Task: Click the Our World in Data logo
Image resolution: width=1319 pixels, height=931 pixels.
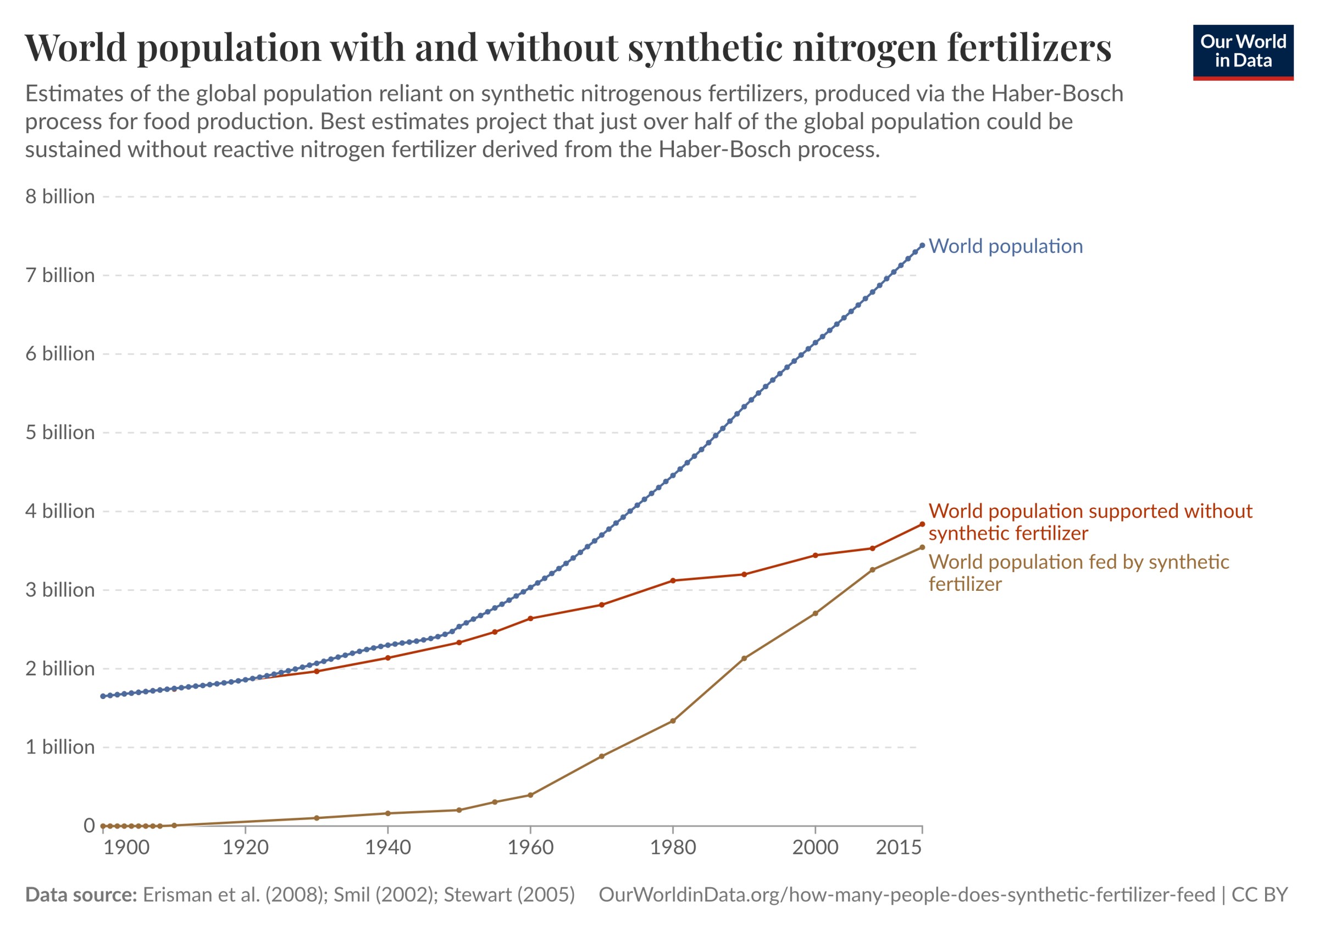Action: click(x=1243, y=52)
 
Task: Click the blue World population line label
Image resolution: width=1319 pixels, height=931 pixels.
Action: click(x=1005, y=246)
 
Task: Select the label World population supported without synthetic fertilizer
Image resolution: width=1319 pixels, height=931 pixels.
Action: click(x=1090, y=522)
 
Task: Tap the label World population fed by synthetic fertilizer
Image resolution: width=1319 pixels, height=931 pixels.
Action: click(x=1078, y=573)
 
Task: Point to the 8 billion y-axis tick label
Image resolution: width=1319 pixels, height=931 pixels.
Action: click(x=60, y=197)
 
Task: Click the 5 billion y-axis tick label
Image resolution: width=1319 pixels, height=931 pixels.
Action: click(x=60, y=433)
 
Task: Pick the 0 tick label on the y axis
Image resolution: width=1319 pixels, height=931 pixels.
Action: click(x=88, y=826)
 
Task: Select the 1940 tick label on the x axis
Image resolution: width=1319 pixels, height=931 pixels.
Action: click(x=388, y=847)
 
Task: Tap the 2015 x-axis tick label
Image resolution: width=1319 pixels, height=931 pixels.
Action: click(x=899, y=847)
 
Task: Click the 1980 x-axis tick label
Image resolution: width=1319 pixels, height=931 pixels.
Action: click(x=673, y=847)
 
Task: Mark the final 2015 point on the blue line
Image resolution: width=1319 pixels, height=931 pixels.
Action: click(x=922, y=245)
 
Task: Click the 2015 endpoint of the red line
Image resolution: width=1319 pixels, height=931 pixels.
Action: click(x=922, y=524)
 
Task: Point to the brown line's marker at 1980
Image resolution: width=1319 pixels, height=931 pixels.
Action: click(x=673, y=721)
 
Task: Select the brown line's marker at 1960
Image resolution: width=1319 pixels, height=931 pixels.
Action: click(x=530, y=795)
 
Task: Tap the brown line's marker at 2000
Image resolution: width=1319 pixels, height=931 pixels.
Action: click(x=815, y=613)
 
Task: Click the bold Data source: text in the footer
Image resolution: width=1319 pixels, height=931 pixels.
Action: click(x=81, y=895)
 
